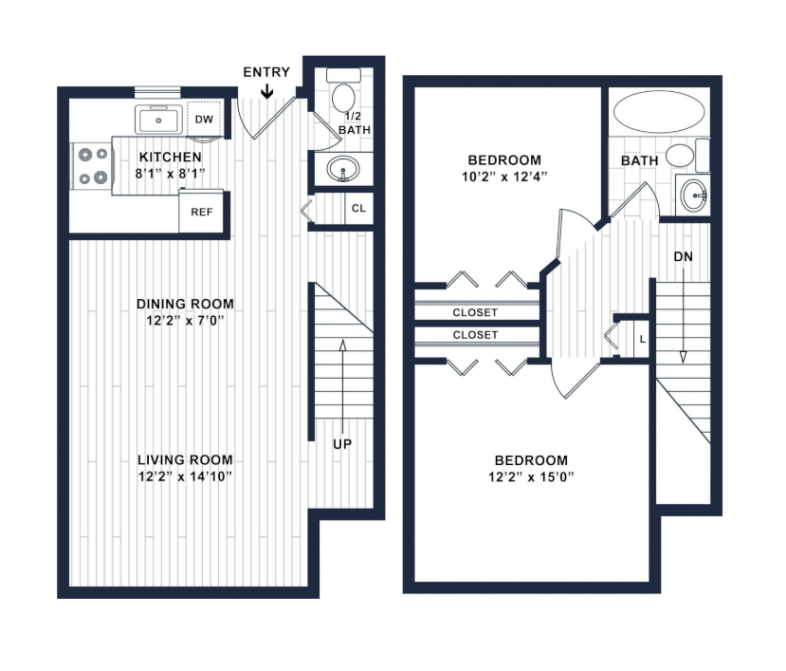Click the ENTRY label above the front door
point(266,72)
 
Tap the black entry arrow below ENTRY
point(267,91)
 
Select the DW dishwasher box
point(204,119)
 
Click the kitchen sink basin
point(158,120)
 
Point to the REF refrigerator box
point(201,212)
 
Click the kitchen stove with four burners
point(92,166)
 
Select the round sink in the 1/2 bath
point(343,169)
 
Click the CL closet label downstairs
point(359,208)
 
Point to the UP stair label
point(342,444)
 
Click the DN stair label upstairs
point(684,257)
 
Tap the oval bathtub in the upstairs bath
point(659,111)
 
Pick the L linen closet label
point(643,340)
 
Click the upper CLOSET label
point(475,312)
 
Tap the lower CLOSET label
point(475,335)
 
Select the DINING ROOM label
point(185,304)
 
